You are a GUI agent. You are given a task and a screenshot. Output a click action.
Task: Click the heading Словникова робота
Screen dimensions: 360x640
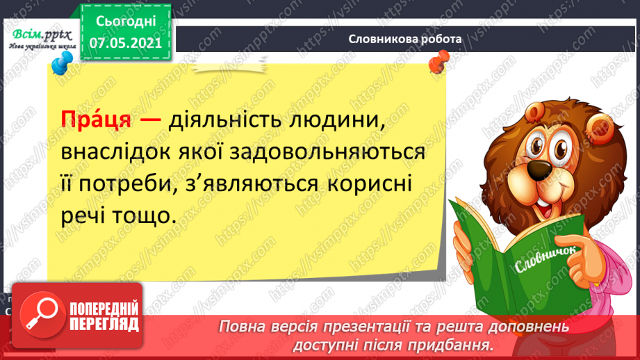point(406,39)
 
